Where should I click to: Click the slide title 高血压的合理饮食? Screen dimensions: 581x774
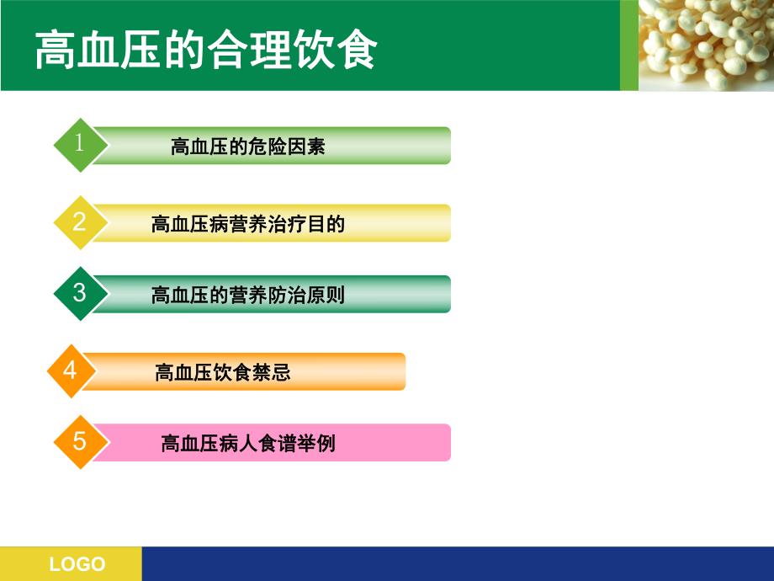click(x=205, y=51)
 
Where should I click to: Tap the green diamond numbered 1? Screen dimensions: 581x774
click(x=80, y=145)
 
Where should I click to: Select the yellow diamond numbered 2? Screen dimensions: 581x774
click(x=80, y=222)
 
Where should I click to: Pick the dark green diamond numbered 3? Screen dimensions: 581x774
click(x=80, y=293)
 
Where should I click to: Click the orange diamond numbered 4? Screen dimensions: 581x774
click(x=71, y=370)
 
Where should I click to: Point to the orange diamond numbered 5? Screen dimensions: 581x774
click(x=80, y=441)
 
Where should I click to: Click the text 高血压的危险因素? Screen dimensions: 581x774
click(x=247, y=147)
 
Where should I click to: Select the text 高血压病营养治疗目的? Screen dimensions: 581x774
click(x=247, y=224)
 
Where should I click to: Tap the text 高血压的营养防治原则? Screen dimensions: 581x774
click(x=247, y=295)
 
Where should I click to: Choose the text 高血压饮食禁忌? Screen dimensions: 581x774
click(x=222, y=372)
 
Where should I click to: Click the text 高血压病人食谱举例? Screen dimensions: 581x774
click(x=247, y=443)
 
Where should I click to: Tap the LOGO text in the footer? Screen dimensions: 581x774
click(x=77, y=564)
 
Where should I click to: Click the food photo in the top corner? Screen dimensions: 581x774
click(x=707, y=44)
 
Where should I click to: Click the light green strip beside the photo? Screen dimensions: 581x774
click(x=629, y=45)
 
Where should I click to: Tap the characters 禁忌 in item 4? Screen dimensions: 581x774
click(x=273, y=372)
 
